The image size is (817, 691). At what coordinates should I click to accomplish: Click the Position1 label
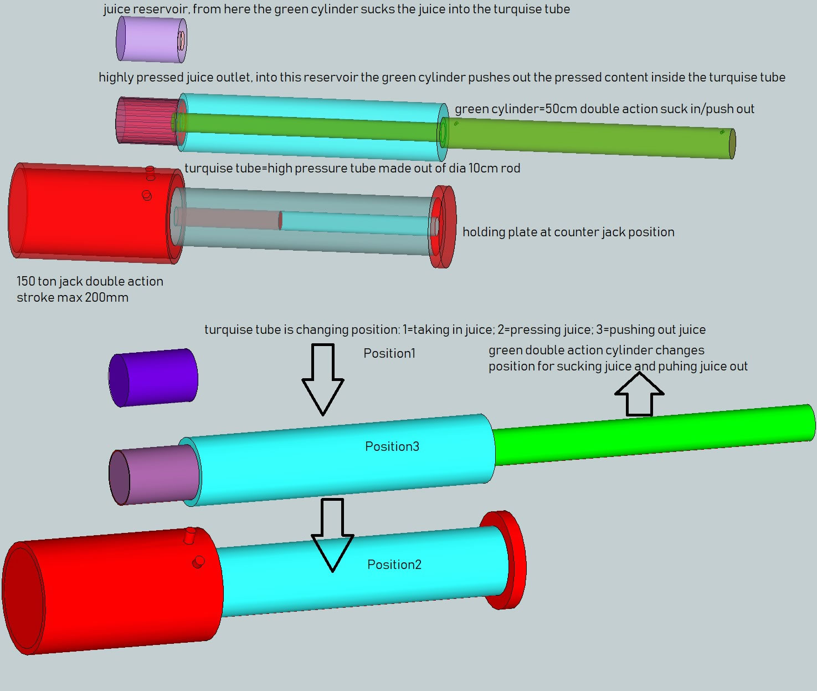coord(389,353)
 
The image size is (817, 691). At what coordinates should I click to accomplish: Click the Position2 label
coord(394,565)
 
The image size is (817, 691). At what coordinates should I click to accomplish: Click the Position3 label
coord(392,446)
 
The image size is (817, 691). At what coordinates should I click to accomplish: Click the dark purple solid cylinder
coord(153,377)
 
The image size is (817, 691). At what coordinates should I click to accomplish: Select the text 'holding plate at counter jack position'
coord(568,232)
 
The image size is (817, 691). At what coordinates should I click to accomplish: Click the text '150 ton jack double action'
coord(90,281)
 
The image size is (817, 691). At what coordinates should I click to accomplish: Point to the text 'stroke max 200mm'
coord(73,297)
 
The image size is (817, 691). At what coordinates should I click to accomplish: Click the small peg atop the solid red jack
coord(190,534)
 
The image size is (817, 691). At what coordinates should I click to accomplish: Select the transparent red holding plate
coord(444,226)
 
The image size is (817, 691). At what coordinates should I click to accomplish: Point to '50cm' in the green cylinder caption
coord(561,109)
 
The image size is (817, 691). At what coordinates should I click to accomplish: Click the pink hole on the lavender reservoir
coord(181,40)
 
